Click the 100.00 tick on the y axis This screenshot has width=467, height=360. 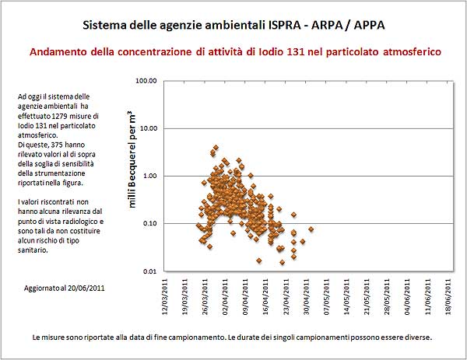coord(146,81)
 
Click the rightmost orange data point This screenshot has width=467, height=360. coord(311,229)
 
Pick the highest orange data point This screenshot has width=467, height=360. coord(216,147)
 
